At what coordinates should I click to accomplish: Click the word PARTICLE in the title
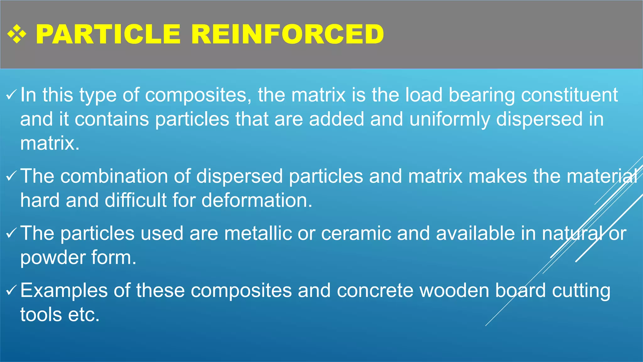[108, 34]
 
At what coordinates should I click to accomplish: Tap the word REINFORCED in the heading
[287, 34]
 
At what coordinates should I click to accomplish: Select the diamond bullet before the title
[17, 34]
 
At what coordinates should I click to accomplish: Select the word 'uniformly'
[450, 119]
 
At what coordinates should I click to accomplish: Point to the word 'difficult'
[136, 200]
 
